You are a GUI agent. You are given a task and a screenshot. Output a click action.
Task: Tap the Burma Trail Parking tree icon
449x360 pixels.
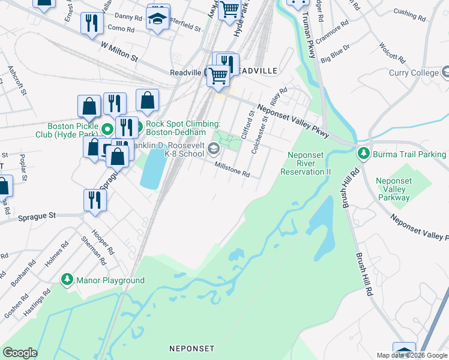[363, 154]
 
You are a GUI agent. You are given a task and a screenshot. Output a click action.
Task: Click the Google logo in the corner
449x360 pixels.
[20, 353]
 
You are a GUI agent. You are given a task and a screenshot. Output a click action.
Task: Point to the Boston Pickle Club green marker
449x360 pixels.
[107, 129]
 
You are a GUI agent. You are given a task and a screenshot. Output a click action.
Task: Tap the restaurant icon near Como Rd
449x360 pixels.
[92, 23]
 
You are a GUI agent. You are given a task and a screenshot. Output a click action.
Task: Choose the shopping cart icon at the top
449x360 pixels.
[229, 9]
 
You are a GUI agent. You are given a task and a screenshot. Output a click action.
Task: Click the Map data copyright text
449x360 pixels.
[412, 355]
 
